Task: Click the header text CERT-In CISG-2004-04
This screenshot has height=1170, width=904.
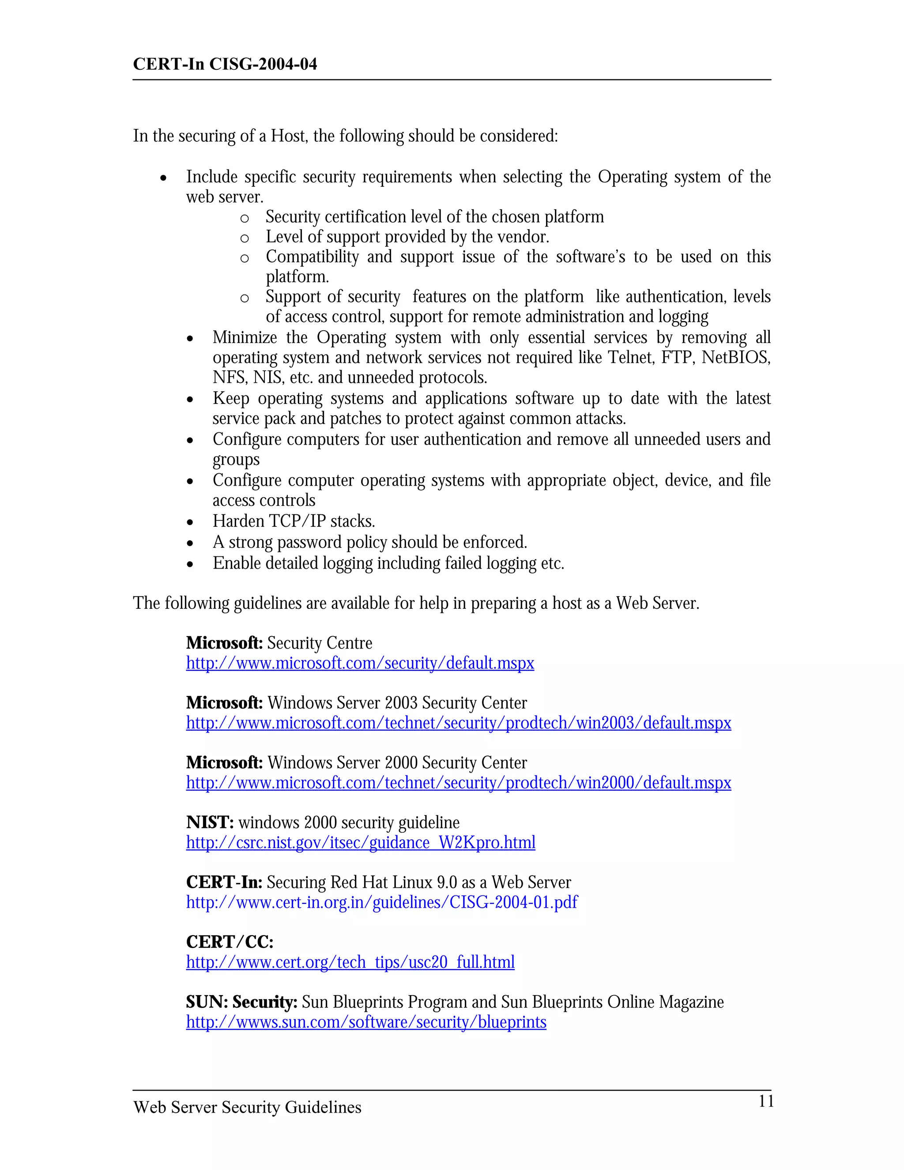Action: pos(225,64)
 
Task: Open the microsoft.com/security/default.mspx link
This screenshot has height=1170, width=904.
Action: pos(360,663)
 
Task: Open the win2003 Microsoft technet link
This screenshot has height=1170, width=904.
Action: pos(459,723)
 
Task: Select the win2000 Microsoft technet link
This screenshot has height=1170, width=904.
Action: pos(459,783)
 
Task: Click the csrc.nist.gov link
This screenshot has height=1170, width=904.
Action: pos(361,843)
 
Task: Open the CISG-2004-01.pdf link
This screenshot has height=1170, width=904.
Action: pos(382,903)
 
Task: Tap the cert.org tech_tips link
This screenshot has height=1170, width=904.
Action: pos(350,962)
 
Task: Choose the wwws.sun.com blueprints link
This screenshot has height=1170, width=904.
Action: pos(366,1022)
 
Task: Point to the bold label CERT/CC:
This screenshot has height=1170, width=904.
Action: pos(230,942)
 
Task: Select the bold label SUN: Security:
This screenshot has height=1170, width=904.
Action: pos(241,1002)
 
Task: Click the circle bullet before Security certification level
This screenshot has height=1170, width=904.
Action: pos(245,218)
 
